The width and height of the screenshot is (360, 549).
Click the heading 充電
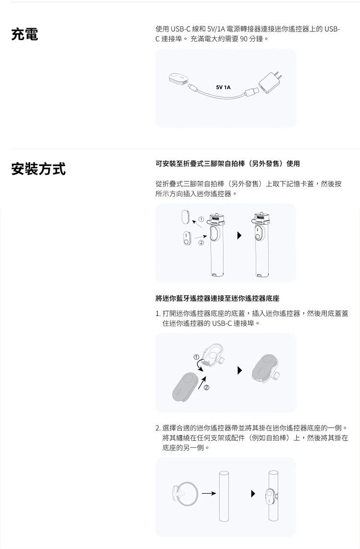[25, 35]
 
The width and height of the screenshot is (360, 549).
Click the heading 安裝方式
[38, 169]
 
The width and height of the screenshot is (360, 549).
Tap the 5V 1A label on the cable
[223, 87]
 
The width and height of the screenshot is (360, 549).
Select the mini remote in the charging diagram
[179, 79]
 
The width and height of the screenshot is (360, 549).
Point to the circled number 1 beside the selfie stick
[202, 219]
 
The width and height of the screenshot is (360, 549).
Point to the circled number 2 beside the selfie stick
[202, 243]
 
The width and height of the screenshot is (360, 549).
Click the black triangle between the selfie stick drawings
[239, 236]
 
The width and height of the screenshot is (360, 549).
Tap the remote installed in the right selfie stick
[259, 236]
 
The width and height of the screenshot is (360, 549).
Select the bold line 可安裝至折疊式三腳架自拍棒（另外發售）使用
[228, 164]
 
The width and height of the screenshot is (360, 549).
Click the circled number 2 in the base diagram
[206, 387]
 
